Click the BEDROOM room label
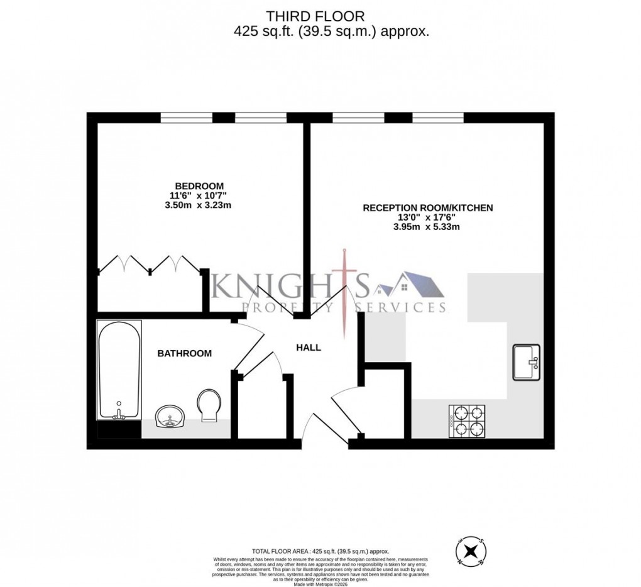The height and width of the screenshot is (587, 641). coord(199,186)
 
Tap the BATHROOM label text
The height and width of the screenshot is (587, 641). coord(184,354)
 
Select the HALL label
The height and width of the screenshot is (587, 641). coord(309,347)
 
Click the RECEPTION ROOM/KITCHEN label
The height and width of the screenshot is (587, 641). coord(428,207)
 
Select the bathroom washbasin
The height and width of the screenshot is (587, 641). coord(169,416)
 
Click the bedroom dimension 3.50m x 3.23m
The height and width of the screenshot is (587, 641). coord(199,206)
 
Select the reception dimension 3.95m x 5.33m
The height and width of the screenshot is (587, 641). coord(428,227)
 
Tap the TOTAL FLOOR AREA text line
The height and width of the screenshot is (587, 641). coord(321,547)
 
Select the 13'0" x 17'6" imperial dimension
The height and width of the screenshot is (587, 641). coord(428,217)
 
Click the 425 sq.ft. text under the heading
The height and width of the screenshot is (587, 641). coord(258,31)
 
